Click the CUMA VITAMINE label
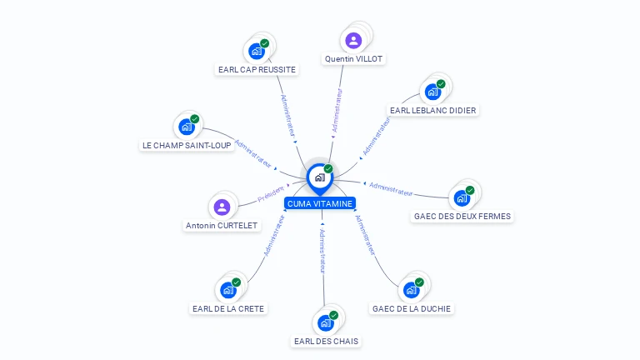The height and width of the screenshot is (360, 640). pyautogui.click(x=320, y=203)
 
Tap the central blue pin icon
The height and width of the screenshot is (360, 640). pyautogui.click(x=320, y=178)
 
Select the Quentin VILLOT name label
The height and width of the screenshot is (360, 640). pyautogui.click(x=353, y=59)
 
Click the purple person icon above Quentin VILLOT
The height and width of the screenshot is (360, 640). pyautogui.click(x=353, y=41)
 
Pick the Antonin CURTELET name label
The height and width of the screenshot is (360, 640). pyautogui.click(x=222, y=225)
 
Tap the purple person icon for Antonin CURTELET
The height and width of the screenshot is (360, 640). pyautogui.click(x=222, y=207)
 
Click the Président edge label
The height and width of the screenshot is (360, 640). pyautogui.click(x=271, y=193)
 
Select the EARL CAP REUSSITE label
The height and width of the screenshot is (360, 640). pyautogui.click(x=257, y=69)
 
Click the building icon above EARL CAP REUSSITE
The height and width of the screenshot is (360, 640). pyautogui.click(x=257, y=52)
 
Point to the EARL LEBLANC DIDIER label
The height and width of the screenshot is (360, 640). pyautogui.click(x=433, y=110)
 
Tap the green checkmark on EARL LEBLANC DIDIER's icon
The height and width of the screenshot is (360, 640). pyautogui.click(x=441, y=84)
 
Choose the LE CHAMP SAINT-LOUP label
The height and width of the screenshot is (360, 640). pyautogui.click(x=187, y=145)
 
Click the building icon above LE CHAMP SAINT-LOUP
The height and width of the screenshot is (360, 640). pyautogui.click(x=186, y=127)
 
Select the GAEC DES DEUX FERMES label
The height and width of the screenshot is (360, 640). pyautogui.click(x=462, y=217)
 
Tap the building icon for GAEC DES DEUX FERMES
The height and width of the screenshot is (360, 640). pyautogui.click(x=462, y=198)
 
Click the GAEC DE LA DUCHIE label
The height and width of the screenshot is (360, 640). pyautogui.click(x=412, y=308)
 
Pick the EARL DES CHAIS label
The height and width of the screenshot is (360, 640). pyautogui.click(x=326, y=341)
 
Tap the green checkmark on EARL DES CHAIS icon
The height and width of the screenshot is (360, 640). pyautogui.click(x=334, y=315)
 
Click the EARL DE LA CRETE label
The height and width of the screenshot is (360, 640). pyautogui.click(x=228, y=308)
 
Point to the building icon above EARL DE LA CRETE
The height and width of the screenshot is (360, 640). pyautogui.click(x=228, y=290)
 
